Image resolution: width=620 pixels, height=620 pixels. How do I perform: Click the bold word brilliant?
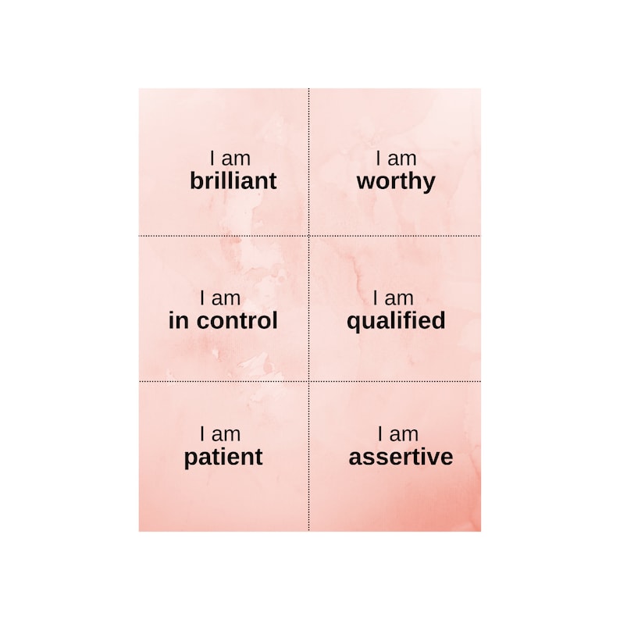(233, 181)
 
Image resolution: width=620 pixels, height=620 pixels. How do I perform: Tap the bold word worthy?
(396, 181)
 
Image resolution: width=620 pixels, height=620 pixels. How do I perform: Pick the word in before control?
(178, 320)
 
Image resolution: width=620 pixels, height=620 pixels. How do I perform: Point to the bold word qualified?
(396, 320)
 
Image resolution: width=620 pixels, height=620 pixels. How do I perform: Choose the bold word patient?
(223, 458)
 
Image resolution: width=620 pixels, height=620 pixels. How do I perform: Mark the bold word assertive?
(401, 457)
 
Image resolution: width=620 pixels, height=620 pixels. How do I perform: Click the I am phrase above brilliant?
(230, 159)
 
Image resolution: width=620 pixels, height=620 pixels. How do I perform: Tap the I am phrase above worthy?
(396, 159)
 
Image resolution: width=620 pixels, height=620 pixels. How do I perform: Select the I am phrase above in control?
(220, 298)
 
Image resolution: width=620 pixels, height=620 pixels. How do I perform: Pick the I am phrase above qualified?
(394, 298)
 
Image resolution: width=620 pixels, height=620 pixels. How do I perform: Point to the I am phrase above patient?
(220, 434)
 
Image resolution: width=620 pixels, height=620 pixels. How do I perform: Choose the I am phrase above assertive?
(397, 434)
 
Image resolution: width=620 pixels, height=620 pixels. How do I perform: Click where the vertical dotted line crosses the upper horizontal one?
(308, 235)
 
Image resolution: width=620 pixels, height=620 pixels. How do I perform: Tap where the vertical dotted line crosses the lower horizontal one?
(308, 382)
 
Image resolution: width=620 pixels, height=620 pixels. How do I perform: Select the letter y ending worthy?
(429, 184)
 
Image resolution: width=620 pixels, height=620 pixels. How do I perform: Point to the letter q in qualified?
(354, 322)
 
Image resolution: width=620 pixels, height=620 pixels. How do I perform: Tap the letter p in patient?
(191, 459)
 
